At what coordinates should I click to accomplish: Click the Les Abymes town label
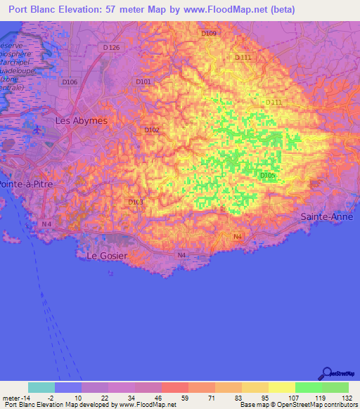[x=82, y=120]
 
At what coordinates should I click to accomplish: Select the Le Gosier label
[x=107, y=256]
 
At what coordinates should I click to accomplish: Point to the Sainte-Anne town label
[x=325, y=217]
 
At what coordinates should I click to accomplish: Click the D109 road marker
[x=209, y=33]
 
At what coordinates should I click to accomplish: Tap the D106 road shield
[x=69, y=82]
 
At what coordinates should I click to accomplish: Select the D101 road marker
[x=143, y=82]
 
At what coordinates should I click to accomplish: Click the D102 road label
[x=152, y=130]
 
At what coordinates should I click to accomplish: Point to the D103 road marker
[x=136, y=202]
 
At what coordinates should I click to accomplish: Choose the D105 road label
[x=267, y=175]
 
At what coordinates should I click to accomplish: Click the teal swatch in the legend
[x=41, y=387]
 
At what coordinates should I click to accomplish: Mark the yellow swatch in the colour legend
[x=282, y=387]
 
